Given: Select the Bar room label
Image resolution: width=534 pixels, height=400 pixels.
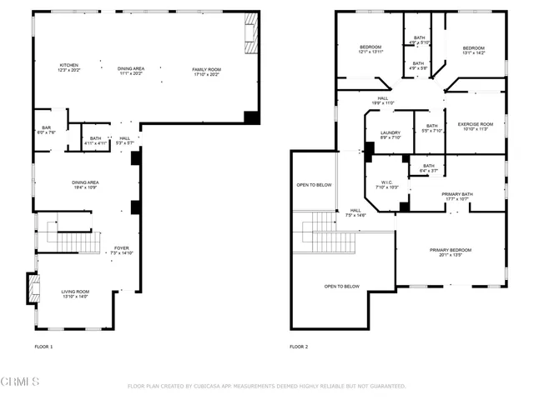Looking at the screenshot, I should [x=47, y=129].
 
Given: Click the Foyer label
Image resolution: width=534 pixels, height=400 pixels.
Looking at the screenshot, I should [x=122, y=249].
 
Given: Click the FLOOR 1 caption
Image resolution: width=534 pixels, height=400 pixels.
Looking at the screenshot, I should [x=43, y=346].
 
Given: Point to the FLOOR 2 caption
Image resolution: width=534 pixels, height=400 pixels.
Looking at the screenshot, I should [x=299, y=346].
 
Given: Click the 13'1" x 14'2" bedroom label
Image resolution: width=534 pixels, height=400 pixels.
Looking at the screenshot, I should [x=473, y=50].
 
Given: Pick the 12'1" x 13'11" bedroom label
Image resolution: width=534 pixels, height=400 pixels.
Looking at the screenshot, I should [x=370, y=49].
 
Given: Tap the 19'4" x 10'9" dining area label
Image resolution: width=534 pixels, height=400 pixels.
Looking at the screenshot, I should [x=86, y=184].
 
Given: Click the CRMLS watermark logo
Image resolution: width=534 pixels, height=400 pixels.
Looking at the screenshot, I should [x=20, y=382].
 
